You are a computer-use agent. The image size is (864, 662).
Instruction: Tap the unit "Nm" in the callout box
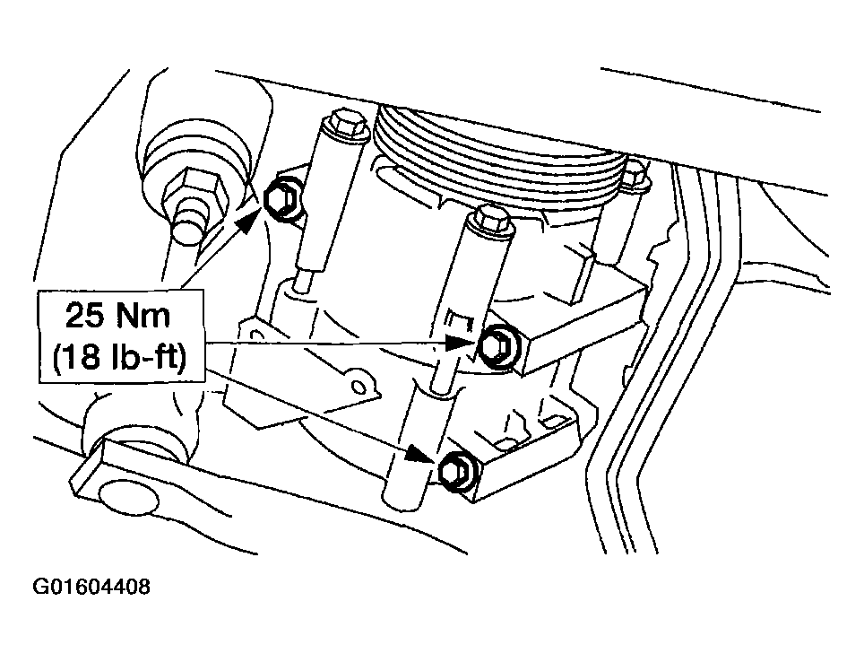[x=143, y=316]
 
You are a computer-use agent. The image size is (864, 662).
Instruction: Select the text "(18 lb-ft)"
[x=120, y=358]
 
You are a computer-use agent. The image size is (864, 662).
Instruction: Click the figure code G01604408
[x=91, y=587]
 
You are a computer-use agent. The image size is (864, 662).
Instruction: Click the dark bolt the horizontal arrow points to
[x=498, y=346]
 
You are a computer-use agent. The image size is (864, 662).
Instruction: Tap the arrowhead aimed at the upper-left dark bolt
[x=248, y=221]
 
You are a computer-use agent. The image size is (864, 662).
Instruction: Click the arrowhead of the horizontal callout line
[x=460, y=342]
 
